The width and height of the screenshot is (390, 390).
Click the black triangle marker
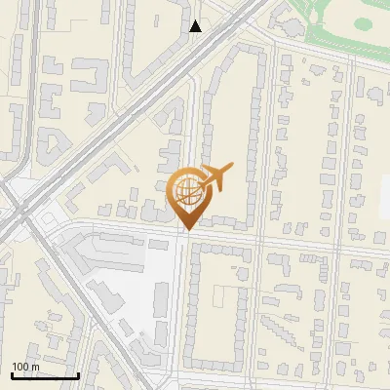(196, 26)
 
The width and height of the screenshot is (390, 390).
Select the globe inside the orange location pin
(185, 191)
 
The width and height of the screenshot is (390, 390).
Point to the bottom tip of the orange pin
(185, 230)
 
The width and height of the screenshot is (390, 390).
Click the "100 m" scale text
(26, 366)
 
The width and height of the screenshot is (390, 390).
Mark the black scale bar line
(45, 375)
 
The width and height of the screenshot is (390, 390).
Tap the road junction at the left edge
(19, 210)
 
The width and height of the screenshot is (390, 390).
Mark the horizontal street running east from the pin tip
(292, 241)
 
